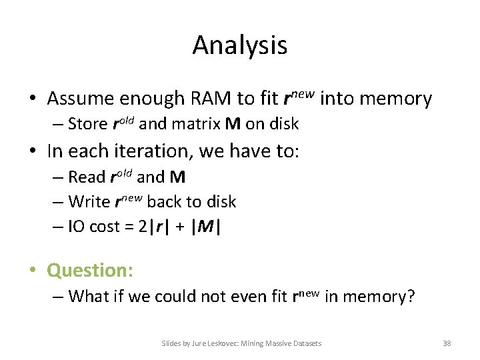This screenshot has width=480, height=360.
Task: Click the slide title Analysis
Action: pyautogui.click(x=240, y=45)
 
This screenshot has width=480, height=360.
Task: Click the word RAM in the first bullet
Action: pyautogui.click(x=210, y=99)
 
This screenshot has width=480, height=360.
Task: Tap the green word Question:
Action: pyautogui.click(x=90, y=270)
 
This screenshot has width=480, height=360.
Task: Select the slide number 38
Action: pyautogui.click(x=447, y=343)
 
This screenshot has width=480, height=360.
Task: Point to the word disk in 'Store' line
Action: pyautogui.click(x=283, y=124)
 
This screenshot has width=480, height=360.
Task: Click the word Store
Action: pyautogui.click(x=87, y=124)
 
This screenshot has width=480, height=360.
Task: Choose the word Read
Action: pyautogui.click(x=87, y=177)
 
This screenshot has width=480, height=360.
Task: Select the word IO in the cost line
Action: pyautogui.click(x=76, y=227)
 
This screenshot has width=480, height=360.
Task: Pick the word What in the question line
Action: pyautogui.click(x=86, y=295)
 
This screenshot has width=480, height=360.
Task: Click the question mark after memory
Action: pyautogui.click(x=411, y=295)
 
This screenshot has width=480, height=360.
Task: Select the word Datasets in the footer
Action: pyautogui.click(x=304, y=343)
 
